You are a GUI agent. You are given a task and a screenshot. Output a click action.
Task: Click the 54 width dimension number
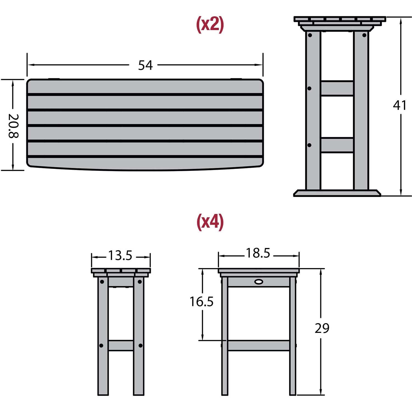tap(145, 65)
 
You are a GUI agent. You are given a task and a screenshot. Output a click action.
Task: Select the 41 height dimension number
tap(400, 105)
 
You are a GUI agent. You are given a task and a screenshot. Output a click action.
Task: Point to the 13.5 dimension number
tap(120, 255)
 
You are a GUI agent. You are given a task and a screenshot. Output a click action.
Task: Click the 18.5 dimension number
tap(258, 253)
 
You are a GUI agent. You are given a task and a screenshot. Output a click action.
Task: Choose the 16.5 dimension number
tap(202, 302)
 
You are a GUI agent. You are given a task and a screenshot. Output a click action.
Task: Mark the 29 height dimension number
tap(322, 328)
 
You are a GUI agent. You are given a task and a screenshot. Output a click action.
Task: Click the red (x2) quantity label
tap(210, 24)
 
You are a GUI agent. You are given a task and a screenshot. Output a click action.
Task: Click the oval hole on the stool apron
tap(259, 282)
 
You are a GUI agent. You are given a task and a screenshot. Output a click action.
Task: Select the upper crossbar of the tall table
tap(337, 88)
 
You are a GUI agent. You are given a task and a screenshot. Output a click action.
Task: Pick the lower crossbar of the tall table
tap(337, 145)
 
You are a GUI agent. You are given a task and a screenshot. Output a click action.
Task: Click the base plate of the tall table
tap(337, 193)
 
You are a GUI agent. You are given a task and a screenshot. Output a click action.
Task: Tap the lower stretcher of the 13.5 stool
tap(121, 346)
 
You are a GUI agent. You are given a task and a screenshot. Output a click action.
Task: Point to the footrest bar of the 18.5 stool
tap(258, 346)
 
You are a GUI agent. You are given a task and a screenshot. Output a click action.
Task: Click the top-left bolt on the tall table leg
tap(310, 35)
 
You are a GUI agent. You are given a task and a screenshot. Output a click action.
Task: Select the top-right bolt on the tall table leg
tap(364, 35)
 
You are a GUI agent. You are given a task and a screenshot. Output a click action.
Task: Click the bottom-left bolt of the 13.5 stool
tap(101, 346)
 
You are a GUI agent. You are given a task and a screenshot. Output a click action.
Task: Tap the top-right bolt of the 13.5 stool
tap(140, 282)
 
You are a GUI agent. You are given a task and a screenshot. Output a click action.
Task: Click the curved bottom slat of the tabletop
tap(145, 164)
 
